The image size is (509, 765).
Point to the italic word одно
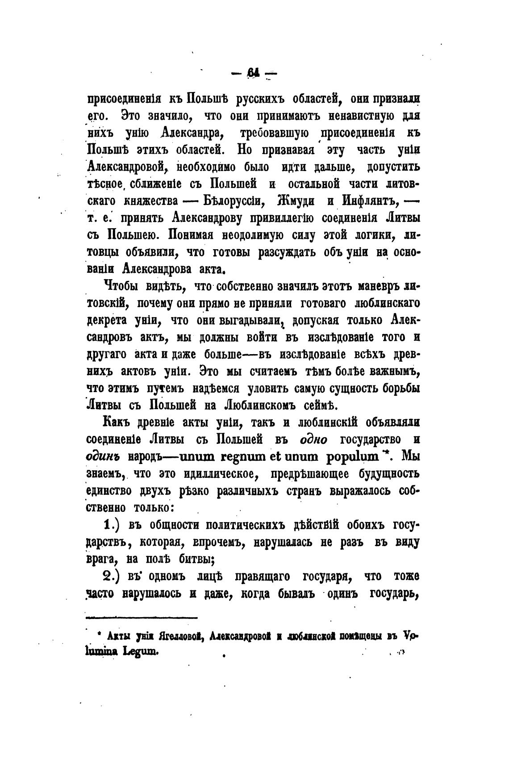313,439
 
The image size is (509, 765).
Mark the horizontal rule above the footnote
141,618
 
